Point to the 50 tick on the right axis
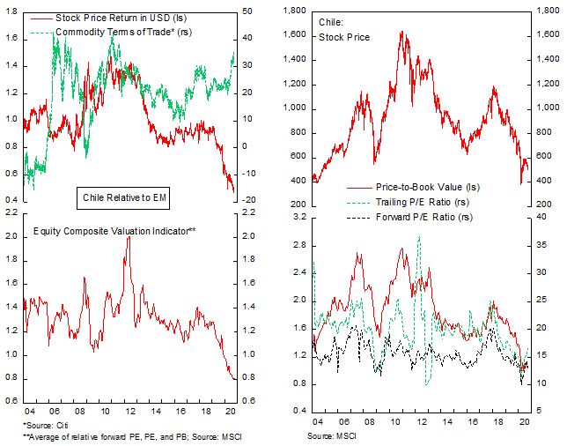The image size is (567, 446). tap(249, 11)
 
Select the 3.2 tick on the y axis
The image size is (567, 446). tap(298, 216)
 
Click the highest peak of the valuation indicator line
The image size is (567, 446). tap(128, 237)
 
